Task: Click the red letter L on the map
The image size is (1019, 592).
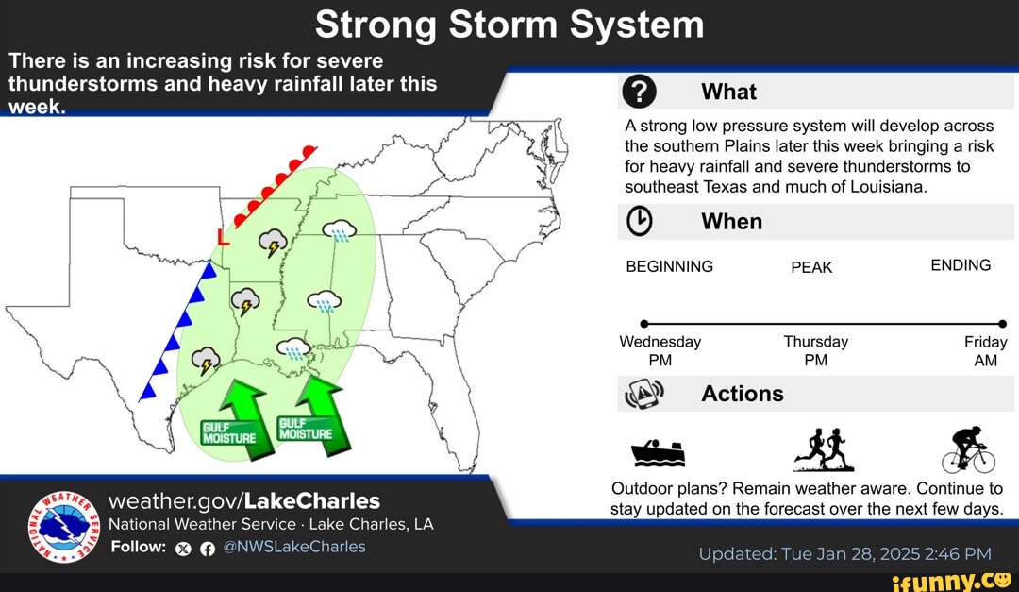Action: click(223, 237)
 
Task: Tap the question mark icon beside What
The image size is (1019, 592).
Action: click(640, 92)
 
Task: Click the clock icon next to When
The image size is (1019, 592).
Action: click(640, 221)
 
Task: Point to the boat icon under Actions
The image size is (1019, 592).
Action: click(658, 453)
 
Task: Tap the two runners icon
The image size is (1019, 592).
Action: click(823, 450)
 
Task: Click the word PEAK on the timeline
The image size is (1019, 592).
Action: click(811, 267)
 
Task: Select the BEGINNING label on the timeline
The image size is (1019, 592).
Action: click(670, 266)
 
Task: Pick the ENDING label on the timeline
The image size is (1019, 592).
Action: click(961, 265)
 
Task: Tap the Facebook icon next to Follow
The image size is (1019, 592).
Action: click(205, 548)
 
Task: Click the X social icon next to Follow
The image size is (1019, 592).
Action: click(184, 548)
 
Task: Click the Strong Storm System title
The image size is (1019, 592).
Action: click(509, 25)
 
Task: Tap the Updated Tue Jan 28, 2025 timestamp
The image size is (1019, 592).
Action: click(844, 553)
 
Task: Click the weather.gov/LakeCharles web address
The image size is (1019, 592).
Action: click(244, 499)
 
